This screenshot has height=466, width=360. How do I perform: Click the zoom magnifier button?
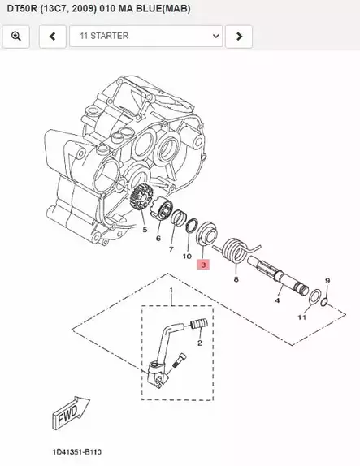point(16,37)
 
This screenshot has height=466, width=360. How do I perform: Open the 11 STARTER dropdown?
point(146,37)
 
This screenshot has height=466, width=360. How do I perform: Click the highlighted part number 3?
point(203,264)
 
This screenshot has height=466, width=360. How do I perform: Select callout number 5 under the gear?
point(145,230)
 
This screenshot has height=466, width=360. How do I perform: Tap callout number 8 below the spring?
point(236,278)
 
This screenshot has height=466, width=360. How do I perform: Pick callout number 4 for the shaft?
point(277,301)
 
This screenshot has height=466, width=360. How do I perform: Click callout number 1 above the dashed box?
point(171,291)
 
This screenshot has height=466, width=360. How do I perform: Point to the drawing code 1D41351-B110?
point(78,451)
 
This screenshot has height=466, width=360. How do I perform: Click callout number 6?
point(158,238)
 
